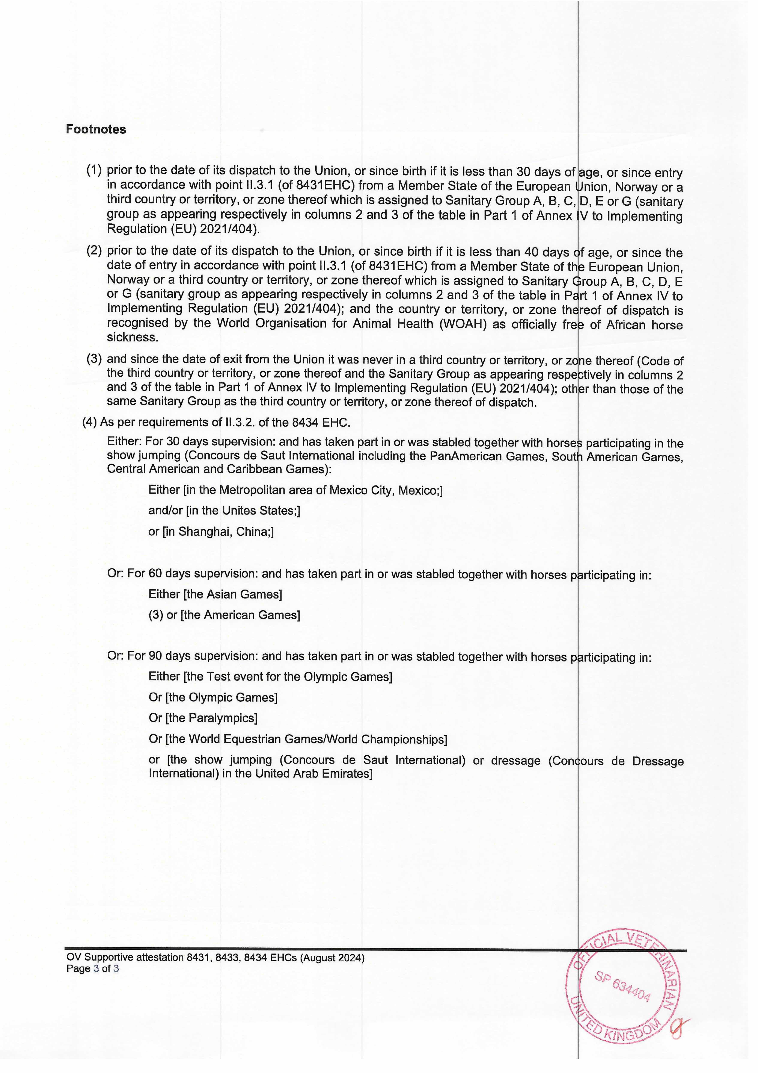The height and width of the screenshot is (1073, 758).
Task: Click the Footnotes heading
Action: tap(96, 129)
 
